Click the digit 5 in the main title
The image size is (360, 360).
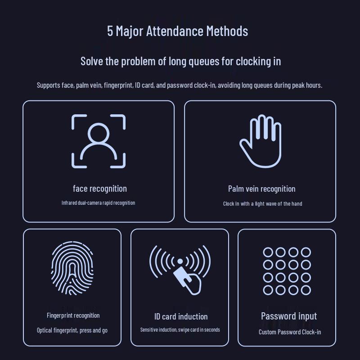click(110, 31)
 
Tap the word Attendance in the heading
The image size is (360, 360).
click(175, 31)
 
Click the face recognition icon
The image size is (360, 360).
click(99, 141)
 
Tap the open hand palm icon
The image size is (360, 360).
click(261, 141)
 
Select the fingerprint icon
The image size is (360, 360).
click(72, 268)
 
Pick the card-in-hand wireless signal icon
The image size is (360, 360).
click(180, 270)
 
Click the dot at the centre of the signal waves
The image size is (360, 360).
click(180, 261)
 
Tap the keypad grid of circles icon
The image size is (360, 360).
click(287, 271)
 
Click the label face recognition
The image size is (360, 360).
click(100, 189)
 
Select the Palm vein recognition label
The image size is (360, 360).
click(262, 189)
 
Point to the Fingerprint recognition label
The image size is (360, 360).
click(73, 315)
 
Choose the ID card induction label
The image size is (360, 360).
click(181, 317)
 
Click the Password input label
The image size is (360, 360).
click(289, 316)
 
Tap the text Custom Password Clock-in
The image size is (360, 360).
click(290, 332)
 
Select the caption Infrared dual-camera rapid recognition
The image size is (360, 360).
click(98, 203)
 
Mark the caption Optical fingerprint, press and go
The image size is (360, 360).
click(72, 330)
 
